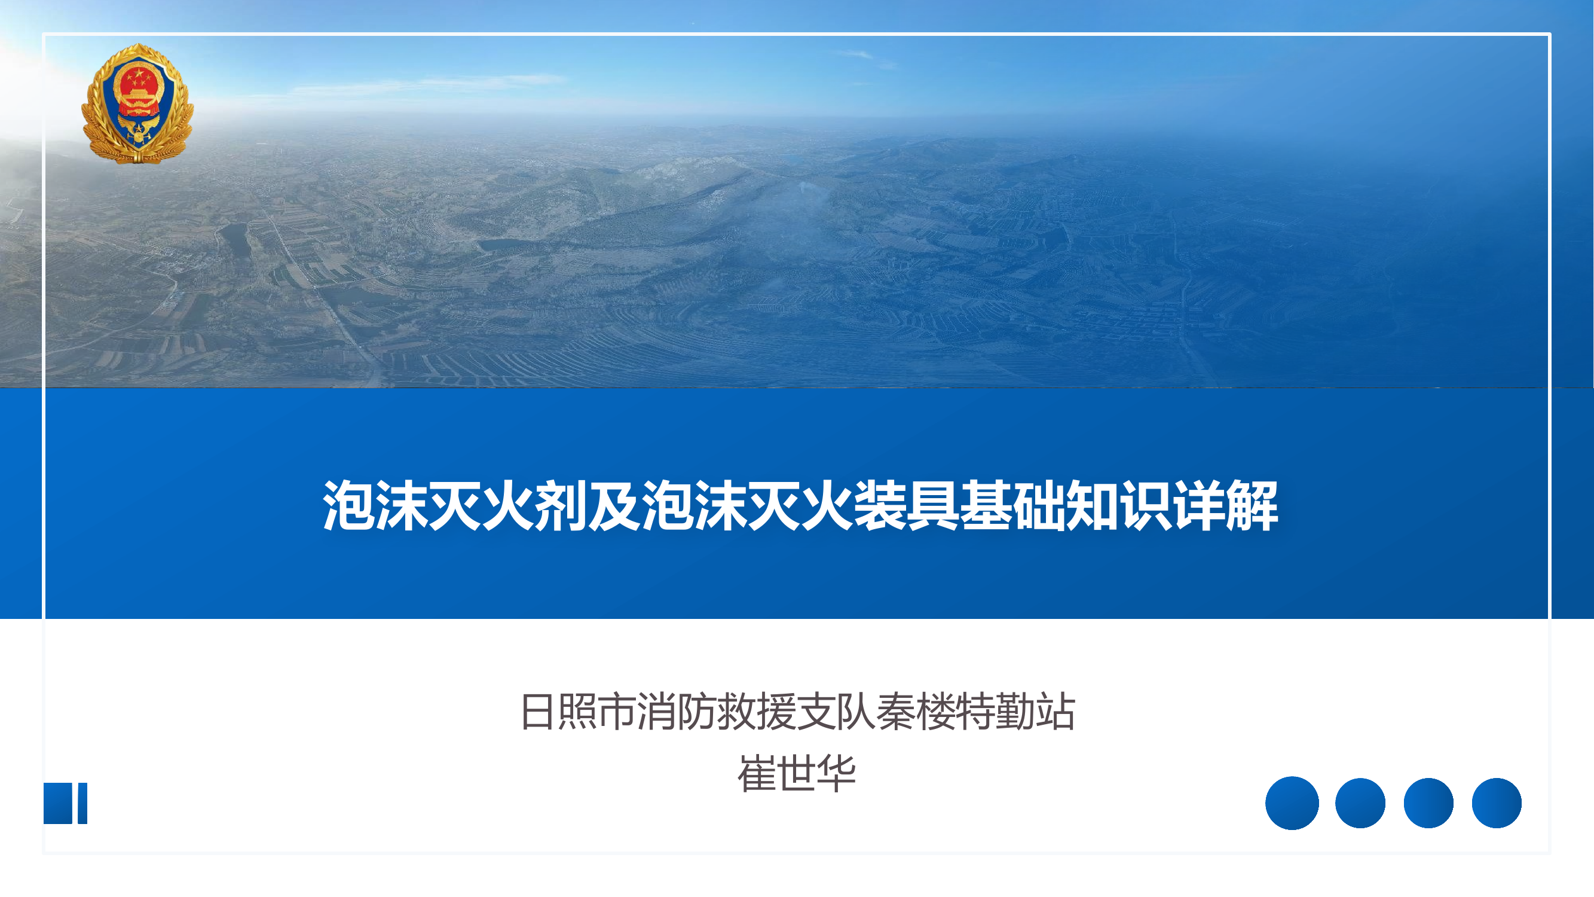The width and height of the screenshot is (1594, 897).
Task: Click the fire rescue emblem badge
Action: (x=137, y=103)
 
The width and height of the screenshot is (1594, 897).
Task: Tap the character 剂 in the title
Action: (x=561, y=506)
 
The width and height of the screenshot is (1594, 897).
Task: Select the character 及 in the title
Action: (x=614, y=506)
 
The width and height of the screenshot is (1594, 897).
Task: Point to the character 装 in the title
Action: (x=880, y=506)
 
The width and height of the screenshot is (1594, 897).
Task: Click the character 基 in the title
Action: (x=986, y=506)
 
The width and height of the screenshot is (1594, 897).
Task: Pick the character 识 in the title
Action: (x=1146, y=506)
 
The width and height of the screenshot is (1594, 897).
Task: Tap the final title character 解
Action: (x=1253, y=506)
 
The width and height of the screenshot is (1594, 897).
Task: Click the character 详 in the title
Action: (x=1199, y=506)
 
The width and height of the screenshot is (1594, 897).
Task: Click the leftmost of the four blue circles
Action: (x=1292, y=803)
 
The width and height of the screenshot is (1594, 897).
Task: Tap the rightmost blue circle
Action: (x=1496, y=803)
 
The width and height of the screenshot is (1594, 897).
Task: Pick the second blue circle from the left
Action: (x=1360, y=803)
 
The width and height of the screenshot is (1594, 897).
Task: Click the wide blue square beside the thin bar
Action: (x=58, y=803)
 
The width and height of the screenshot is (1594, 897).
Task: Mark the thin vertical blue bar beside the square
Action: (x=82, y=803)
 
